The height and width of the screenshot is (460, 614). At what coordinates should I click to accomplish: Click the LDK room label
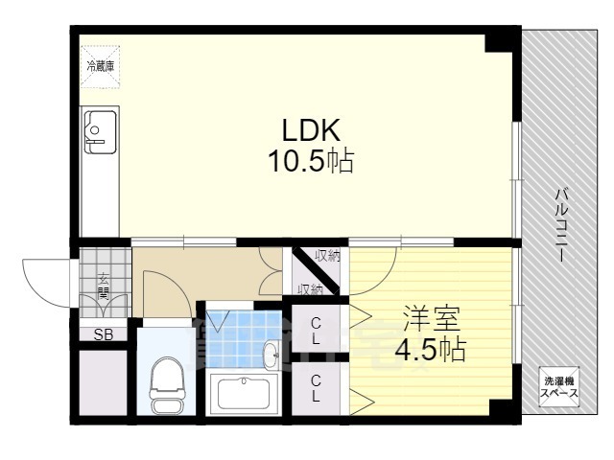click(311, 130)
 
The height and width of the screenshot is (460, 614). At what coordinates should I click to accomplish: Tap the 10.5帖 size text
click(311, 161)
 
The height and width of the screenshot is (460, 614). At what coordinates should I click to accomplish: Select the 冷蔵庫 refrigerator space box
click(100, 66)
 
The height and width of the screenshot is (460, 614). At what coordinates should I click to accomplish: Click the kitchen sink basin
click(101, 132)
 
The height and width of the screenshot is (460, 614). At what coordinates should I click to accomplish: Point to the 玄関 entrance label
click(103, 287)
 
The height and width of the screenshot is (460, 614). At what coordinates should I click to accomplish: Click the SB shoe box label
click(104, 334)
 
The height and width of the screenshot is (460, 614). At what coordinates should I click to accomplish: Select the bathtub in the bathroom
click(244, 394)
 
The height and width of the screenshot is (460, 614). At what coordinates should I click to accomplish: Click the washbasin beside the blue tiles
click(272, 355)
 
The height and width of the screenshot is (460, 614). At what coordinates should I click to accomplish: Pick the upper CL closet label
click(316, 331)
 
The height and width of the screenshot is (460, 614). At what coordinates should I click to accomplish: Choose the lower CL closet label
click(316, 388)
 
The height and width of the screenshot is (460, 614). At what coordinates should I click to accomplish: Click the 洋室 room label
click(431, 319)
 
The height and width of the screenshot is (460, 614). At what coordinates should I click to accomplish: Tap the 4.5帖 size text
click(431, 349)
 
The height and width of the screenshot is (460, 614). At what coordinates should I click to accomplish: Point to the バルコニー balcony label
click(561, 225)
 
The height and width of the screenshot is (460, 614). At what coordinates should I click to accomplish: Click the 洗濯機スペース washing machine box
click(558, 387)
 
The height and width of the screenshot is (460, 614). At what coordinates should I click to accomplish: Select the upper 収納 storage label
click(328, 256)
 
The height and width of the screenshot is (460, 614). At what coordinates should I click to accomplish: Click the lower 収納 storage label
click(310, 289)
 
